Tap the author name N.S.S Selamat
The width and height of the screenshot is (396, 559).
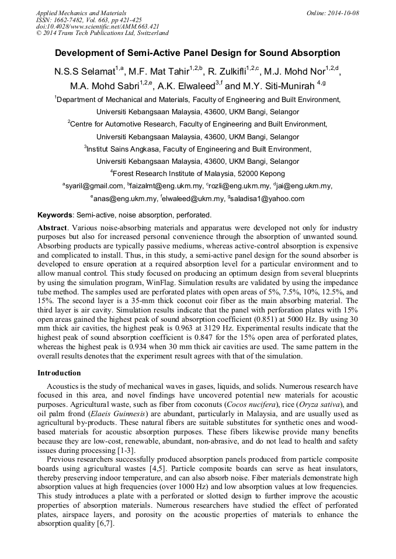[85, 72]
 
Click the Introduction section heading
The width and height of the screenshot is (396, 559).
[59, 372]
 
